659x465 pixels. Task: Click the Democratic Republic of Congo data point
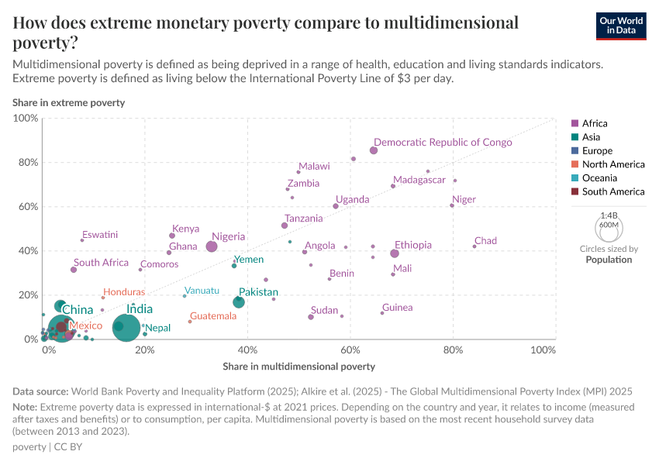click(374, 150)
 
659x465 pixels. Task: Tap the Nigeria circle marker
click(212, 246)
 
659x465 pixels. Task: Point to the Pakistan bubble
click(239, 302)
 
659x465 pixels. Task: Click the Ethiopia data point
click(395, 253)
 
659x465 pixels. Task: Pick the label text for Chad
click(485, 241)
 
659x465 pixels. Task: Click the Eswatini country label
click(100, 234)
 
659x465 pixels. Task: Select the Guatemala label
click(213, 316)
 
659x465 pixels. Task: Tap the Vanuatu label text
click(202, 291)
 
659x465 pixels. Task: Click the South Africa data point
click(74, 270)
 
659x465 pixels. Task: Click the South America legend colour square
click(574, 191)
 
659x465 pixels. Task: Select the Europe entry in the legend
click(597, 151)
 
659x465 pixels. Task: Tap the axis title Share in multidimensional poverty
click(298, 366)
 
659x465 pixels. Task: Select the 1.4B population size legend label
click(609, 215)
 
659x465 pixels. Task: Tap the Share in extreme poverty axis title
click(68, 102)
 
